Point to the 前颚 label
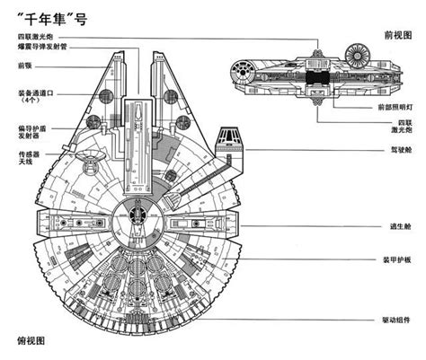point(25,66)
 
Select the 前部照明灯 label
point(394,107)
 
